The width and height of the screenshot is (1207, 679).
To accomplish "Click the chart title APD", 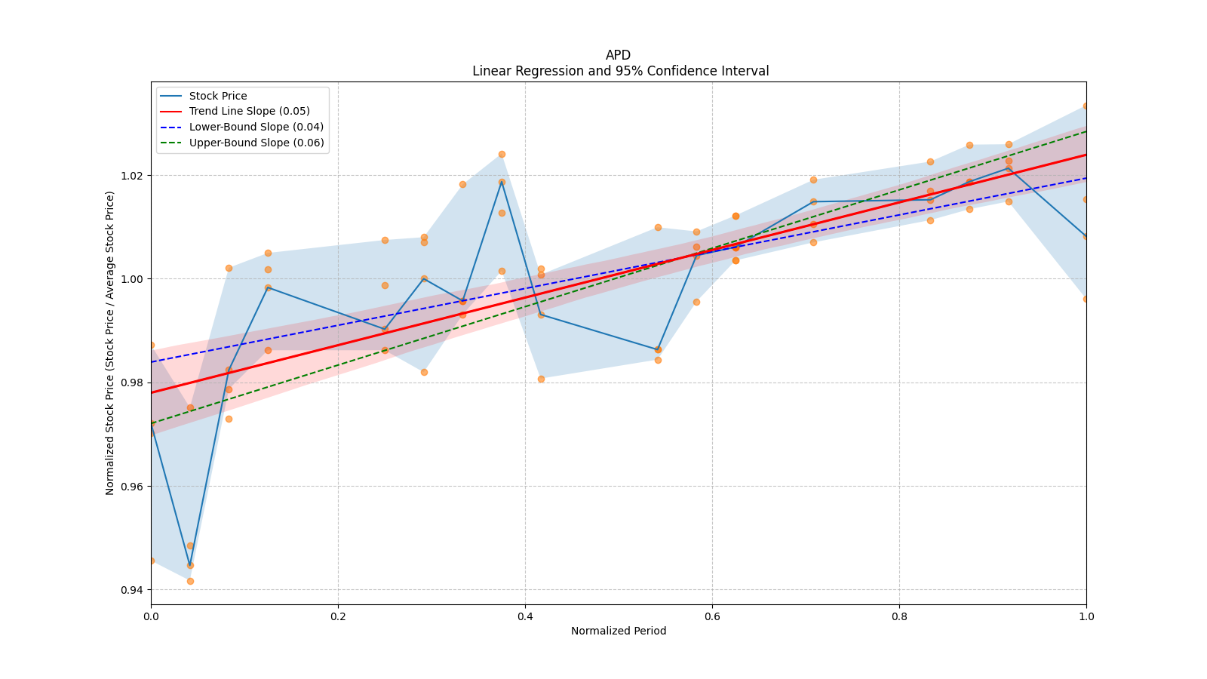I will click(x=618, y=55).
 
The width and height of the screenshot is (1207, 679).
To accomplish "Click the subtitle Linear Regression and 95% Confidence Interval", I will click(x=620, y=71).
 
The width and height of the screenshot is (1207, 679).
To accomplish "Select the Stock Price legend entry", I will click(x=218, y=96).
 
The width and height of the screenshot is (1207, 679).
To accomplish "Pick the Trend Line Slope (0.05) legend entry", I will click(x=249, y=112).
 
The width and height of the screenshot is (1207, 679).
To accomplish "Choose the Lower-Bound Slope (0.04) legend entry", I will click(x=256, y=127).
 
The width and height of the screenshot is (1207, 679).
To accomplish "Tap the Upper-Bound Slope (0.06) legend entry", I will click(x=256, y=143).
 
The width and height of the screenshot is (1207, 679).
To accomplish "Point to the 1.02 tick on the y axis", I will click(x=132, y=175).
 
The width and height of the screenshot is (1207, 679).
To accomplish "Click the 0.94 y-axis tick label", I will click(x=132, y=589).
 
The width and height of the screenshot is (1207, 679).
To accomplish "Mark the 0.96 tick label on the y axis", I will click(x=132, y=486).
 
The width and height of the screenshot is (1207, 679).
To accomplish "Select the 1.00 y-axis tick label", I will click(x=132, y=278).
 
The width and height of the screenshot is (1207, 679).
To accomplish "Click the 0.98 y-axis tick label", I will click(x=132, y=383).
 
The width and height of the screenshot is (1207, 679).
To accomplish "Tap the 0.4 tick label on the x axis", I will click(x=525, y=616).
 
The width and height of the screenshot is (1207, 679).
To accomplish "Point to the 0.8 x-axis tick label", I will click(x=899, y=616).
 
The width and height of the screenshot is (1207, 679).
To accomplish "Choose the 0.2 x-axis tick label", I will click(x=338, y=616).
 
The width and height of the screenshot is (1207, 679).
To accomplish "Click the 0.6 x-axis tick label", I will click(x=712, y=616).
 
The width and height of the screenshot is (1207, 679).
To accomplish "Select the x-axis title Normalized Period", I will click(x=619, y=631).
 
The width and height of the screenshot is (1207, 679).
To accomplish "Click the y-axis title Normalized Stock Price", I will click(x=110, y=343).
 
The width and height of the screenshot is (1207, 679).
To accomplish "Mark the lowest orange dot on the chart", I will click(x=190, y=581).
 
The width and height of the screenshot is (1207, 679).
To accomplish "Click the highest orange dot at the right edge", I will click(x=1086, y=106).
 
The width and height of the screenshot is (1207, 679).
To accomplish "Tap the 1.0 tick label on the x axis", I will click(x=1086, y=616).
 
